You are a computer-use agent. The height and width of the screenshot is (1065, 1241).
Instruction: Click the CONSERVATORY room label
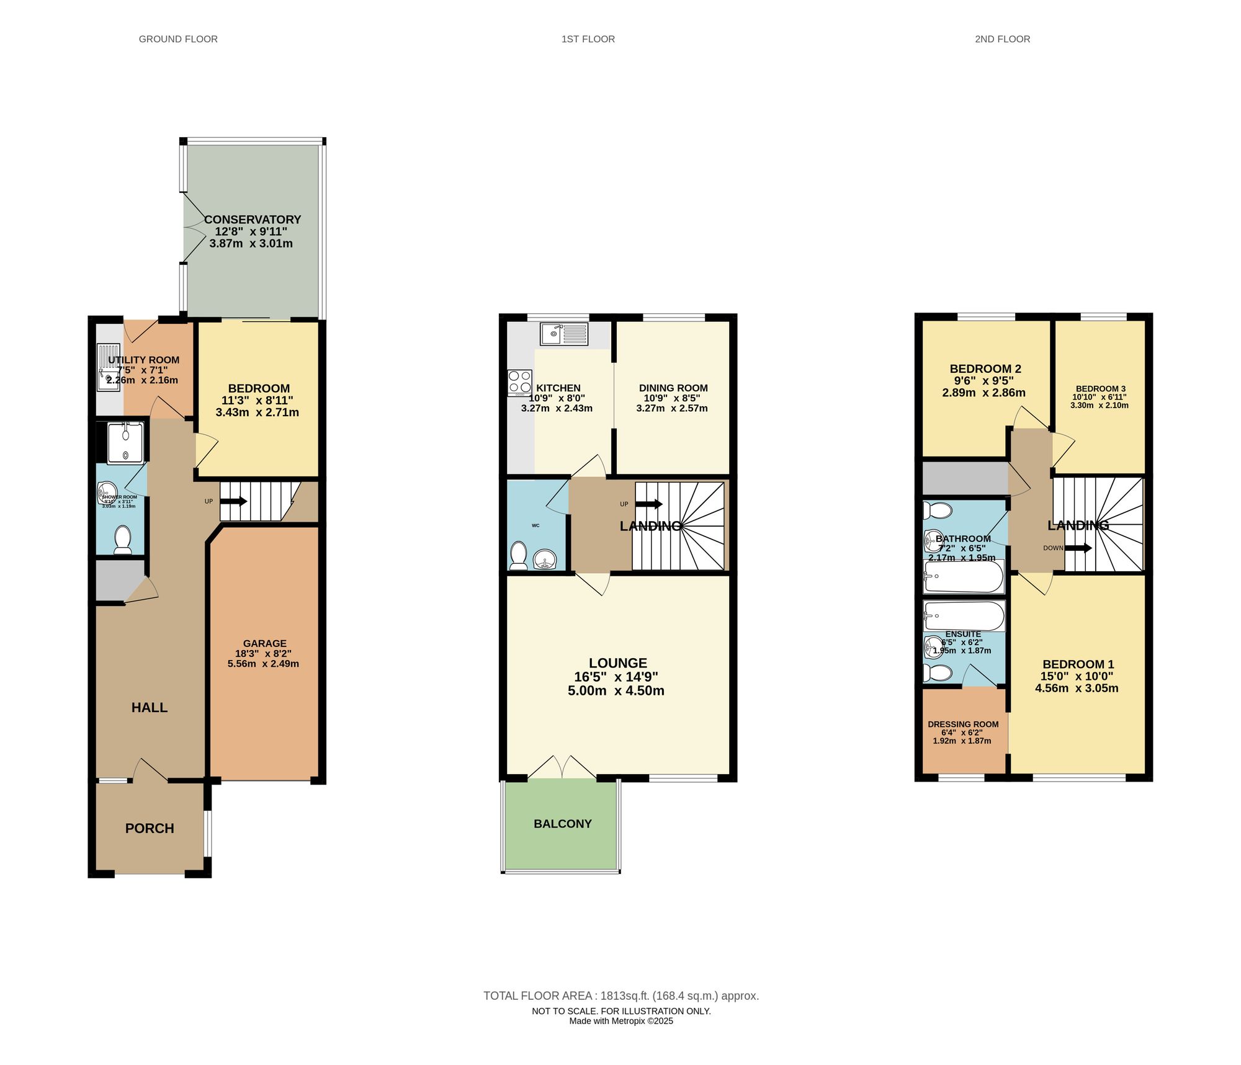click(x=253, y=220)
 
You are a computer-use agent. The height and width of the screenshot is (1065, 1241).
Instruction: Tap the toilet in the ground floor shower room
click(x=122, y=540)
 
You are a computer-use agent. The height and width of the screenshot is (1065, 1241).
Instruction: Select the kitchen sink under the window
click(x=563, y=334)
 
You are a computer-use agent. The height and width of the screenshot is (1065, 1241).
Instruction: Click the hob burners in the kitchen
click(x=519, y=382)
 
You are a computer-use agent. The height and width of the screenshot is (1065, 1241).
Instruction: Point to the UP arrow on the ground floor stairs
click(x=234, y=501)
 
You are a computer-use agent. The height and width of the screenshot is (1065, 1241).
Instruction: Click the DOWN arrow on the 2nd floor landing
click(x=1078, y=548)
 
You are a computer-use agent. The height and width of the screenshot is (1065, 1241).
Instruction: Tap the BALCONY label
click(x=562, y=824)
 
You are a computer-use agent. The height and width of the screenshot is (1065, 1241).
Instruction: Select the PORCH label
click(x=150, y=828)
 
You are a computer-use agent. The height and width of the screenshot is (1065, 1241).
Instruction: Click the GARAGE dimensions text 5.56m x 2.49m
click(x=263, y=664)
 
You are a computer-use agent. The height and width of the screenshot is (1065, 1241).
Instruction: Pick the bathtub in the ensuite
click(x=963, y=616)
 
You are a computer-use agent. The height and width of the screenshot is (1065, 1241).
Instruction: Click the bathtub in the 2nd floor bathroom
click(x=963, y=576)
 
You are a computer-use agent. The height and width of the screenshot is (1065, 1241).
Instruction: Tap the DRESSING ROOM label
click(x=963, y=724)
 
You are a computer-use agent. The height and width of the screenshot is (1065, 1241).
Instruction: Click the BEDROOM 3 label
click(x=1100, y=388)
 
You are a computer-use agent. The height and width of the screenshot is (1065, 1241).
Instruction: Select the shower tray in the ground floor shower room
click(x=125, y=443)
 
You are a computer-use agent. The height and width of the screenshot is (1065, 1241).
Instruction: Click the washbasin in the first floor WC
click(x=545, y=558)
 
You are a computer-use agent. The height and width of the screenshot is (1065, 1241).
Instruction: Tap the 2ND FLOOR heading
click(x=1002, y=39)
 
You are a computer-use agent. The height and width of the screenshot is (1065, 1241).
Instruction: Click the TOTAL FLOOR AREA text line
click(x=620, y=996)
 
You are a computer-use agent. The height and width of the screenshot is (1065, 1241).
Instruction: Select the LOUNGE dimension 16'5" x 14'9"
click(x=616, y=677)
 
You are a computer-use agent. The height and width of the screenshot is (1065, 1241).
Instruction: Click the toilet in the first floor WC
click(x=518, y=555)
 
